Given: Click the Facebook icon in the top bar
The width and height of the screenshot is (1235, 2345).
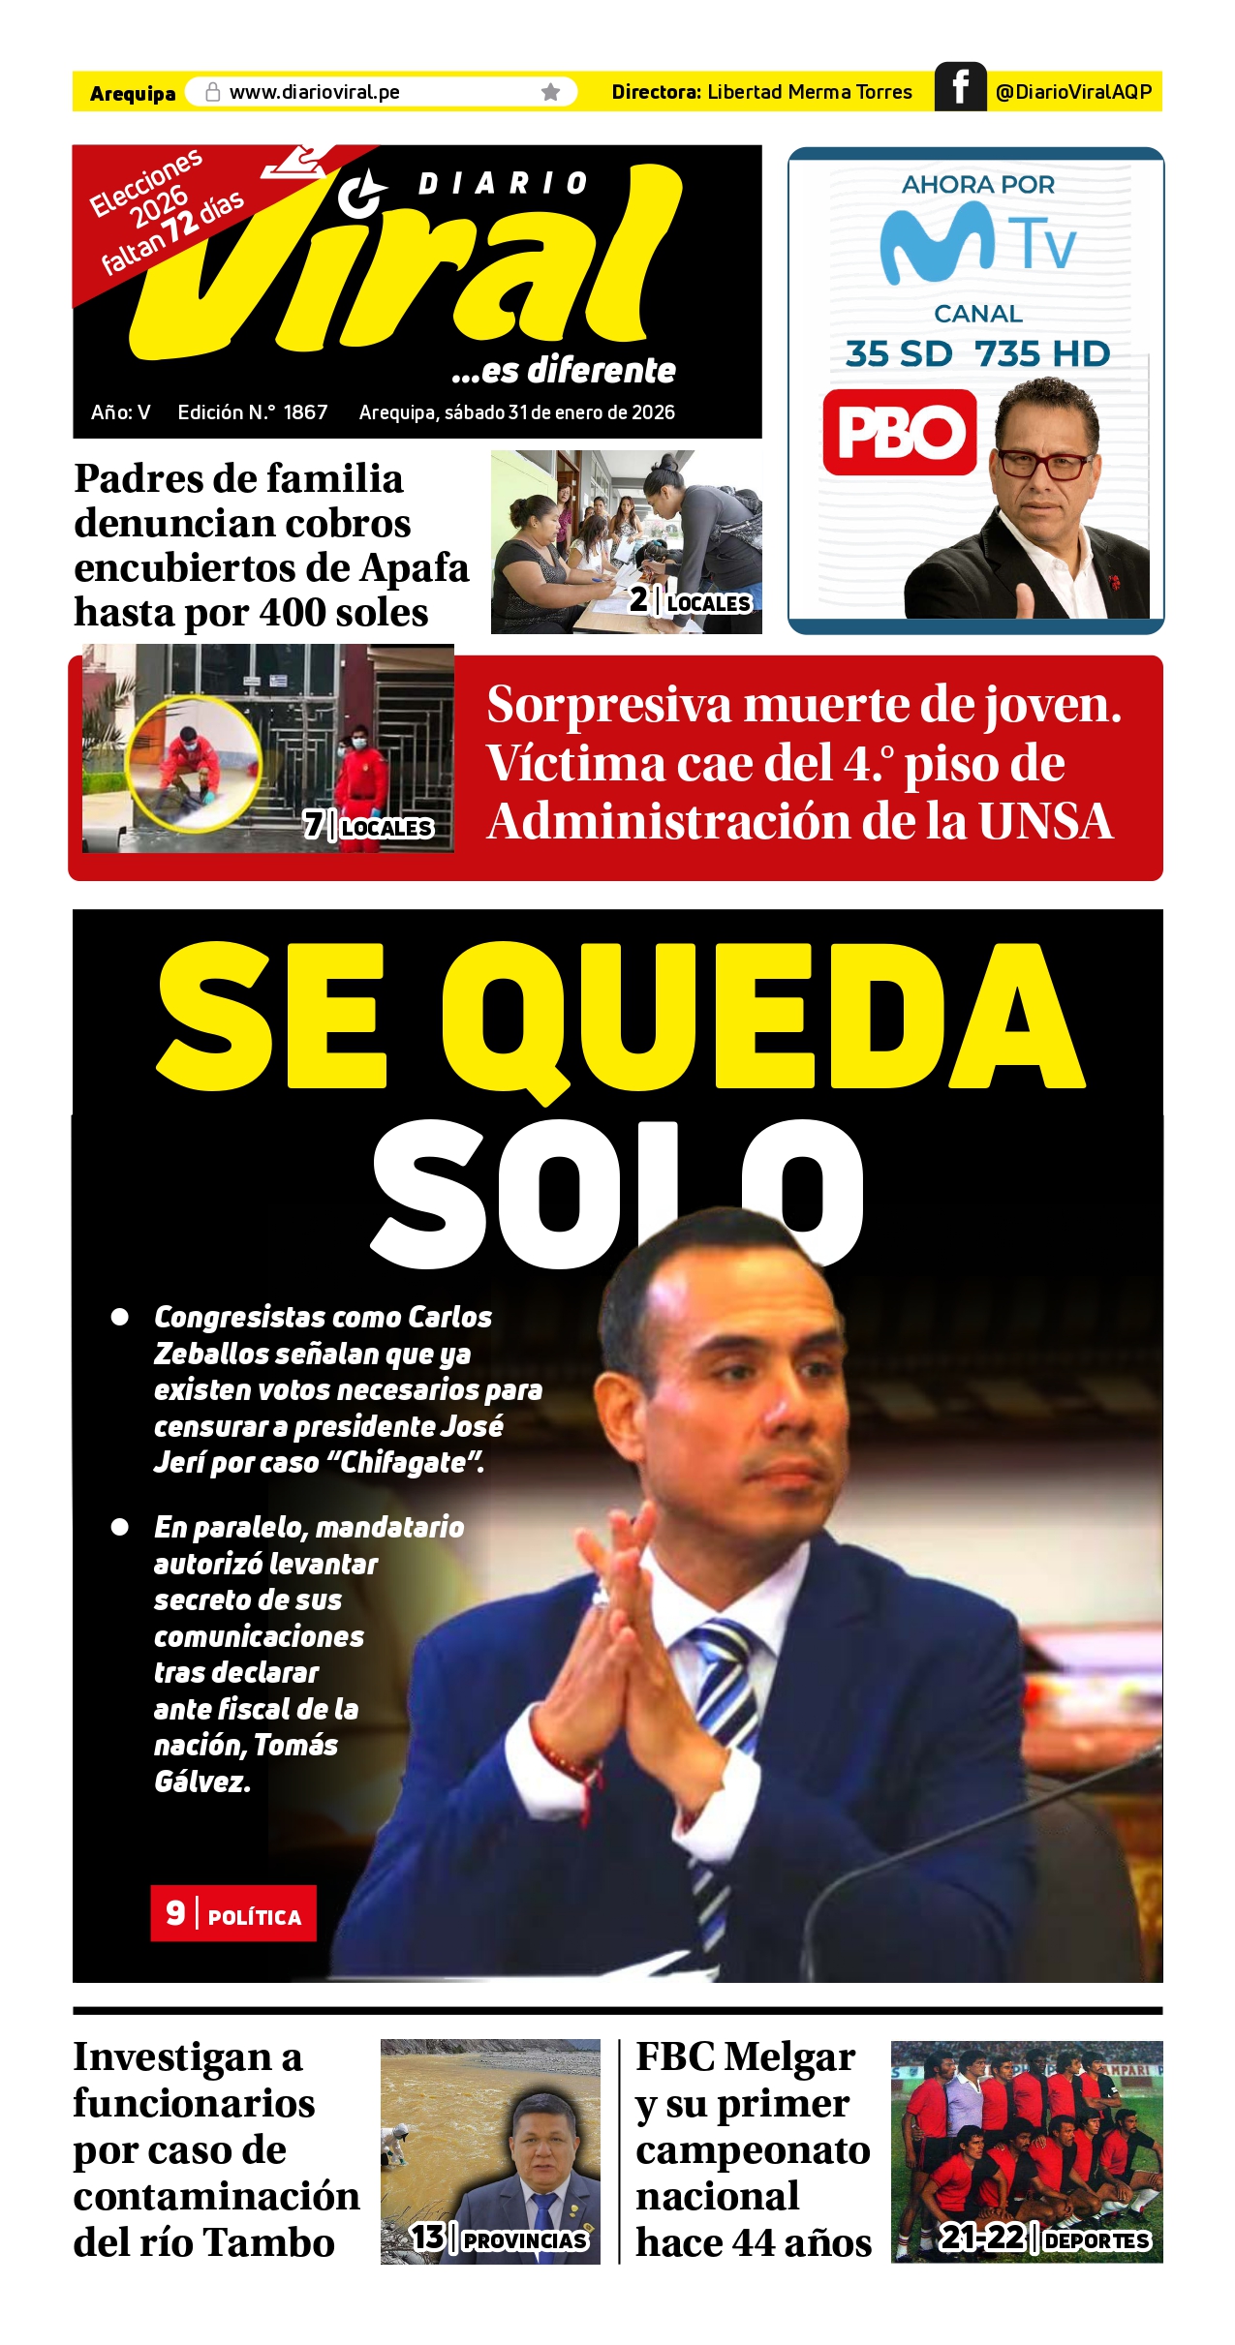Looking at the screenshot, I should pyautogui.click(x=960, y=87).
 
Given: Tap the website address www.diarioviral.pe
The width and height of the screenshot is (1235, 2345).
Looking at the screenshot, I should pyautogui.click(x=314, y=92).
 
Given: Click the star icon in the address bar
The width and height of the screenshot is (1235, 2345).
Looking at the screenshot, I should pyautogui.click(x=550, y=92).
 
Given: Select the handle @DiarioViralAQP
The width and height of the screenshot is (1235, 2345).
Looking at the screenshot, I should pyautogui.click(x=1073, y=92).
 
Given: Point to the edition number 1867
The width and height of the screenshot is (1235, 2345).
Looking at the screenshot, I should pyautogui.click(x=305, y=412).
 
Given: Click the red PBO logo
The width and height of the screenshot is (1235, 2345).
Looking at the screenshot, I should pyautogui.click(x=900, y=432).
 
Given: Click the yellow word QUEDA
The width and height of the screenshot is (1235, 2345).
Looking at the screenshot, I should pyautogui.click(x=762, y=1017).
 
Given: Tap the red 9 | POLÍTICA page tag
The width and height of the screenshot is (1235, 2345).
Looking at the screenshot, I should pyautogui.click(x=233, y=1913).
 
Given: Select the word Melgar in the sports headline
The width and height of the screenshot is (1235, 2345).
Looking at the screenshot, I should pyautogui.click(x=789, y=2056).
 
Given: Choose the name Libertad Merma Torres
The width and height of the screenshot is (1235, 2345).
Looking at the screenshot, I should pyautogui.click(x=809, y=92).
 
